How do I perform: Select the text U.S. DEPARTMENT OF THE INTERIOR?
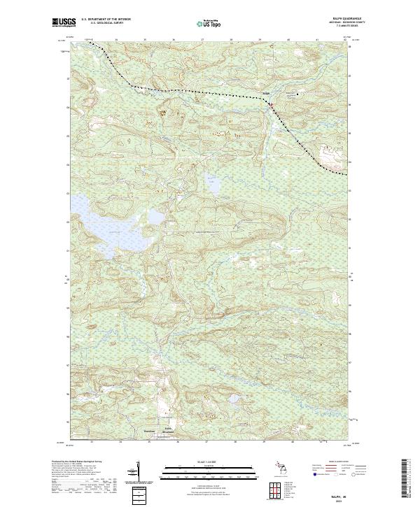tap(112, 18)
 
